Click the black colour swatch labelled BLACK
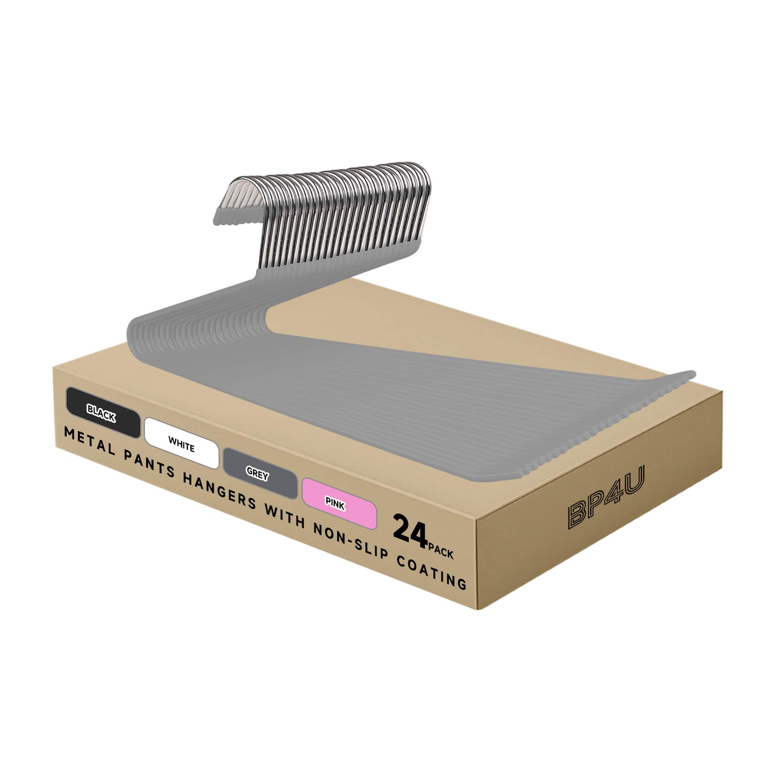(x=103, y=412)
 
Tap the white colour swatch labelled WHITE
(x=181, y=443)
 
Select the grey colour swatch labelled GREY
(x=260, y=474)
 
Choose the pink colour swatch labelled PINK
(x=339, y=504)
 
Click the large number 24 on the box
(x=410, y=532)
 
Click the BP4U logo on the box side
(x=606, y=497)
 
